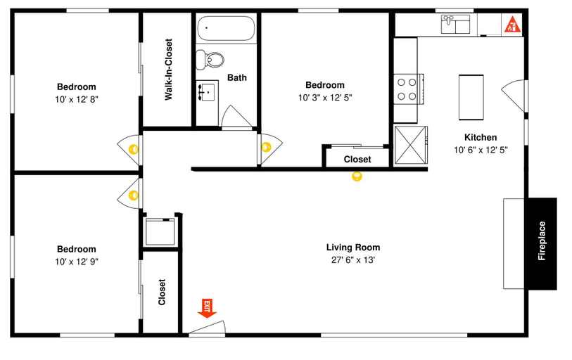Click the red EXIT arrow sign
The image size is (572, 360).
pyautogui.click(x=208, y=309)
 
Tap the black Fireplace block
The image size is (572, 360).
pyautogui.click(x=541, y=244)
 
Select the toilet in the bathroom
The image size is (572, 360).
pyautogui.click(x=210, y=60)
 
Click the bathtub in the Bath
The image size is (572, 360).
pyautogui.click(x=226, y=28)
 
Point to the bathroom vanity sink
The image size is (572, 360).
pyautogui.click(x=208, y=92)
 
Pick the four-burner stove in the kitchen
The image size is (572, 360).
pyautogui.click(x=408, y=89)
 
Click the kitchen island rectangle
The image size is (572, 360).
pyautogui.click(x=471, y=98)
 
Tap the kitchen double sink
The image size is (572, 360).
pyautogui.click(x=455, y=24)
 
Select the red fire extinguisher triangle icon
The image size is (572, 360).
pyautogui.click(x=512, y=24)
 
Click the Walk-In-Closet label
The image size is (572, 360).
pyautogui.click(x=168, y=70)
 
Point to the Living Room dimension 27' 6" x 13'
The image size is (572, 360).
pyautogui.click(x=353, y=260)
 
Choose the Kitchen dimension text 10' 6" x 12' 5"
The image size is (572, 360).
pyautogui.click(x=481, y=150)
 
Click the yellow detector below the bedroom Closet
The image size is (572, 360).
pyautogui.click(x=357, y=176)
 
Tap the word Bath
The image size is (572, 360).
pyautogui.click(x=237, y=77)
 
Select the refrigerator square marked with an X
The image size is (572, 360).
pyautogui.click(x=410, y=145)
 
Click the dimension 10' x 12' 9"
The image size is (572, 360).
pyautogui.click(x=77, y=262)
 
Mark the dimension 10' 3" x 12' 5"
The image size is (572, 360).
pyautogui.click(x=325, y=98)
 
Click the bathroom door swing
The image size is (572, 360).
pyautogui.click(x=237, y=117)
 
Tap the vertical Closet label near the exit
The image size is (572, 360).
pyautogui.click(x=162, y=292)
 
